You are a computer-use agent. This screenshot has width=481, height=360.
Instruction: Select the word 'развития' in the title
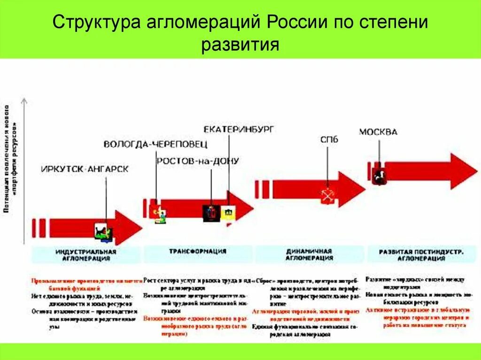(x=240, y=45)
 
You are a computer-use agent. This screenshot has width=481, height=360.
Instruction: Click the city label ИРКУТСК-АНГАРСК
(x=85, y=169)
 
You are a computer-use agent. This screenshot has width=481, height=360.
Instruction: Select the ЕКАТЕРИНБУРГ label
(x=239, y=129)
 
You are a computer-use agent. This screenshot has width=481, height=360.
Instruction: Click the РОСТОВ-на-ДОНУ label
(x=198, y=161)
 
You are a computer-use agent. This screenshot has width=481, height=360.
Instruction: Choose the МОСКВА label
(x=378, y=132)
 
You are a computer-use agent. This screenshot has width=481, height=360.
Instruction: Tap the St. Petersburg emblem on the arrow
(x=327, y=196)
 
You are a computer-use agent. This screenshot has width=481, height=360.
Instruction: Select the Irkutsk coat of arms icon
(x=103, y=233)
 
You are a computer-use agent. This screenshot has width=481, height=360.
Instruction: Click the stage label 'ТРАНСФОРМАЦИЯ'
(x=197, y=251)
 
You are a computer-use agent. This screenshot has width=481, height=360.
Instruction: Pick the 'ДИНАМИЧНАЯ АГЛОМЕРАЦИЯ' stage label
(x=309, y=254)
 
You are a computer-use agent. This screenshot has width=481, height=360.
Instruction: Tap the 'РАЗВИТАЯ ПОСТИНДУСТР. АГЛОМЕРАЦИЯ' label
(x=421, y=254)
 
